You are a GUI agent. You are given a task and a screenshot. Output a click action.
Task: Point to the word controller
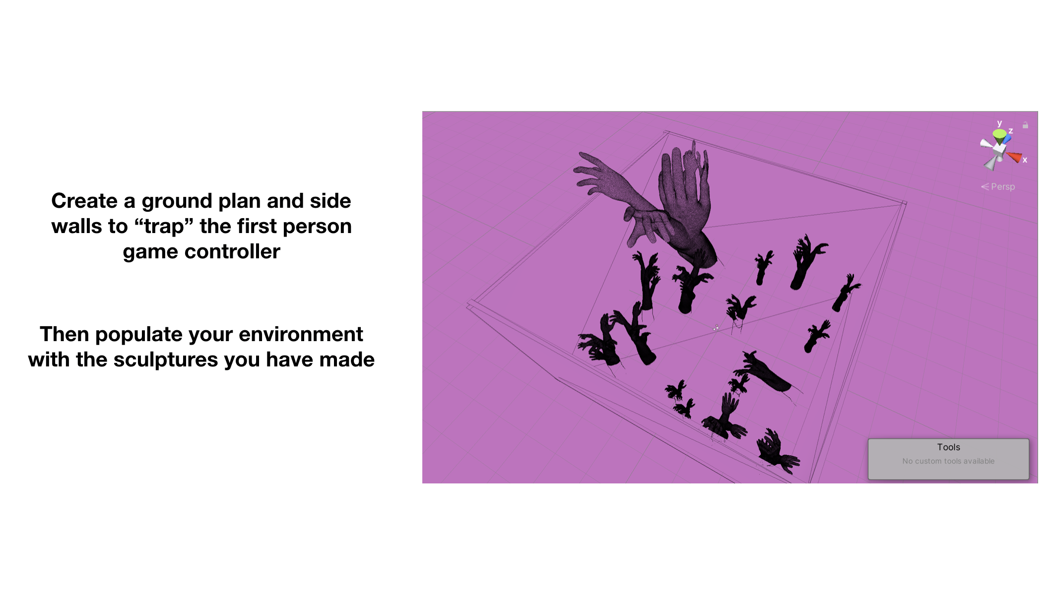tap(232, 252)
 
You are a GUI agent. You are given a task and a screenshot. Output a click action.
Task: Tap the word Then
tap(64, 334)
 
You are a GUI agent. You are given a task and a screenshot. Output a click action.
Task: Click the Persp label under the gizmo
tap(1002, 187)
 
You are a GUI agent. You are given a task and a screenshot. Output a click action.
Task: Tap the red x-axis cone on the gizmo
tap(1014, 158)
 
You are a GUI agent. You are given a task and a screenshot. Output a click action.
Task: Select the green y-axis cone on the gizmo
tap(999, 134)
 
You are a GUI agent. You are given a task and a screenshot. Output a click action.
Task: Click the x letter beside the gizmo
tap(1025, 160)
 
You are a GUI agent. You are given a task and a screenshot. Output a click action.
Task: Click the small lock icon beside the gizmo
tap(1025, 125)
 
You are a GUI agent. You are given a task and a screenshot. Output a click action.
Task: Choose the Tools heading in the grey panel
tap(948, 447)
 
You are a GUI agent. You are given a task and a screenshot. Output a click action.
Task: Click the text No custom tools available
tap(948, 461)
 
